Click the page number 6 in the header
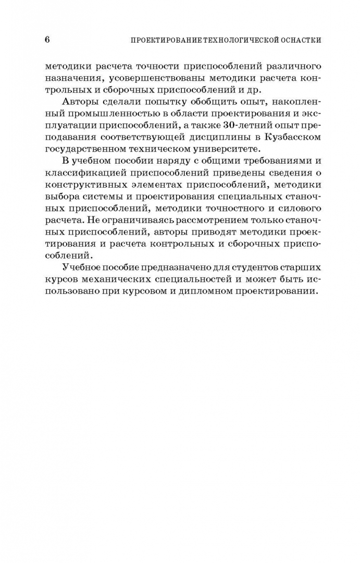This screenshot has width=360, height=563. coord(47,39)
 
